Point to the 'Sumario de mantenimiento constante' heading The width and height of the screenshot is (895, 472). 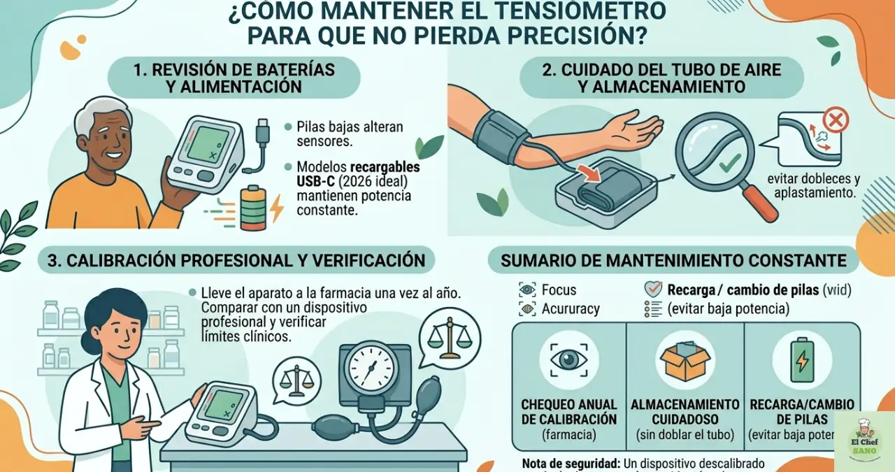[x=673, y=261]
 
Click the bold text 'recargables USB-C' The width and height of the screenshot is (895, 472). [x=358, y=174]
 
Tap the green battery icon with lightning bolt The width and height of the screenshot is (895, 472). [x=253, y=208]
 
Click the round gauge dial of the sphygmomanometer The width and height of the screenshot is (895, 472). [x=371, y=367]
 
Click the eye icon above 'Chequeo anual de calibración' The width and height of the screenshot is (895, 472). [x=568, y=359]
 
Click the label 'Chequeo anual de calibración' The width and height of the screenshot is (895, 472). [x=568, y=412]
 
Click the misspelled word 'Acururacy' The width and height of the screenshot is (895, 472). [x=571, y=308]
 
